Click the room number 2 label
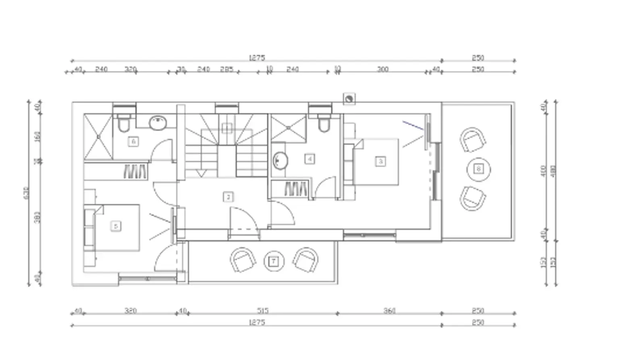[x=228, y=197]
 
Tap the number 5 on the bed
[x=116, y=226]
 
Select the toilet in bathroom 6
[x=123, y=123]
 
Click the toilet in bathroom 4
[x=324, y=124]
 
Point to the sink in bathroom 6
[x=158, y=123]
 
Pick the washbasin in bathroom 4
[x=280, y=161]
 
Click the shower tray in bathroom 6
[x=98, y=137]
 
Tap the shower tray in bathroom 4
[x=288, y=128]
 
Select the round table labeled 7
[x=274, y=261]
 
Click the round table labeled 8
[x=478, y=169]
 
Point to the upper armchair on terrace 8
[x=472, y=140]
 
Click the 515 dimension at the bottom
[x=262, y=310]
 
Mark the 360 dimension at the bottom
[x=389, y=310]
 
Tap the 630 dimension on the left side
[x=27, y=193]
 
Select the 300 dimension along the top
[x=382, y=69]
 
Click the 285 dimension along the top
[x=227, y=69]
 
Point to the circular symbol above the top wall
[x=349, y=98]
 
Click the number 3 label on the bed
[x=380, y=161]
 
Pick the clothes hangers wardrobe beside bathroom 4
[x=296, y=189]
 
